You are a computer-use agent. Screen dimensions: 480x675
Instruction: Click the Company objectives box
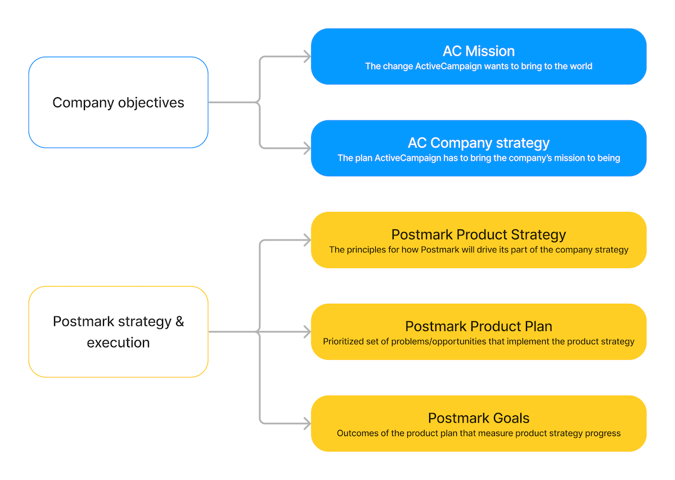point(118,102)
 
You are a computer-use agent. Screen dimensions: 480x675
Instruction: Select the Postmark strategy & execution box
point(118,332)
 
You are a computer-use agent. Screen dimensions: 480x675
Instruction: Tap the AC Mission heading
point(479,51)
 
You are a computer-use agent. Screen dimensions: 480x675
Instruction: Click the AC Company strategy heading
point(479,143)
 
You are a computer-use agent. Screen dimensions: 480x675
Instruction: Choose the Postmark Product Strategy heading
point(479,234)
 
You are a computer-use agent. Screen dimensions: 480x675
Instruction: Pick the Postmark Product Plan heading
point(479,326)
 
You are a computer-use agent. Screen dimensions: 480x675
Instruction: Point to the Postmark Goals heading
point(479,418)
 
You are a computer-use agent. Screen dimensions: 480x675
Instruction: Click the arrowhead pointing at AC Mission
point(307,56)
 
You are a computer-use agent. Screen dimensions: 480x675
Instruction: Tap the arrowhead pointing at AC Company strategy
point(307,148)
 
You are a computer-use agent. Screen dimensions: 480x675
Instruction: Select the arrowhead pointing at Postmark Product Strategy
point(307,240)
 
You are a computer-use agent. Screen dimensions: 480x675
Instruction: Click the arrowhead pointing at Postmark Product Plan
point(307,332)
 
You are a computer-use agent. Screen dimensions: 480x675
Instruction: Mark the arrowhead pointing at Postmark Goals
point(307,424)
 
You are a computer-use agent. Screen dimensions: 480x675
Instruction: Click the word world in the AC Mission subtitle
point(580,66)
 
